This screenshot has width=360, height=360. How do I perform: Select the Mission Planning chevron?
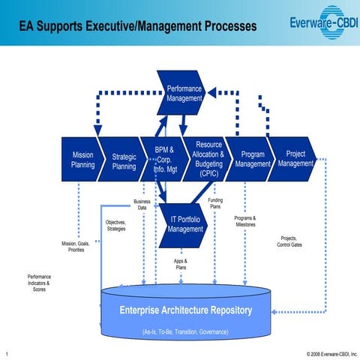(x=81, y=159)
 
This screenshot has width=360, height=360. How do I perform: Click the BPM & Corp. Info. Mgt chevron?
(x=164, y=159)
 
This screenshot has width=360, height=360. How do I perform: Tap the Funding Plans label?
(x=214, y=203)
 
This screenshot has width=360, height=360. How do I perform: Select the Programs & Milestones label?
(x=245, y=221)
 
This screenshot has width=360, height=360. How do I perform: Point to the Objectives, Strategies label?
(x=115, y=226)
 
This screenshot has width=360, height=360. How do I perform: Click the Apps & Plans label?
(x=180, y=264)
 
